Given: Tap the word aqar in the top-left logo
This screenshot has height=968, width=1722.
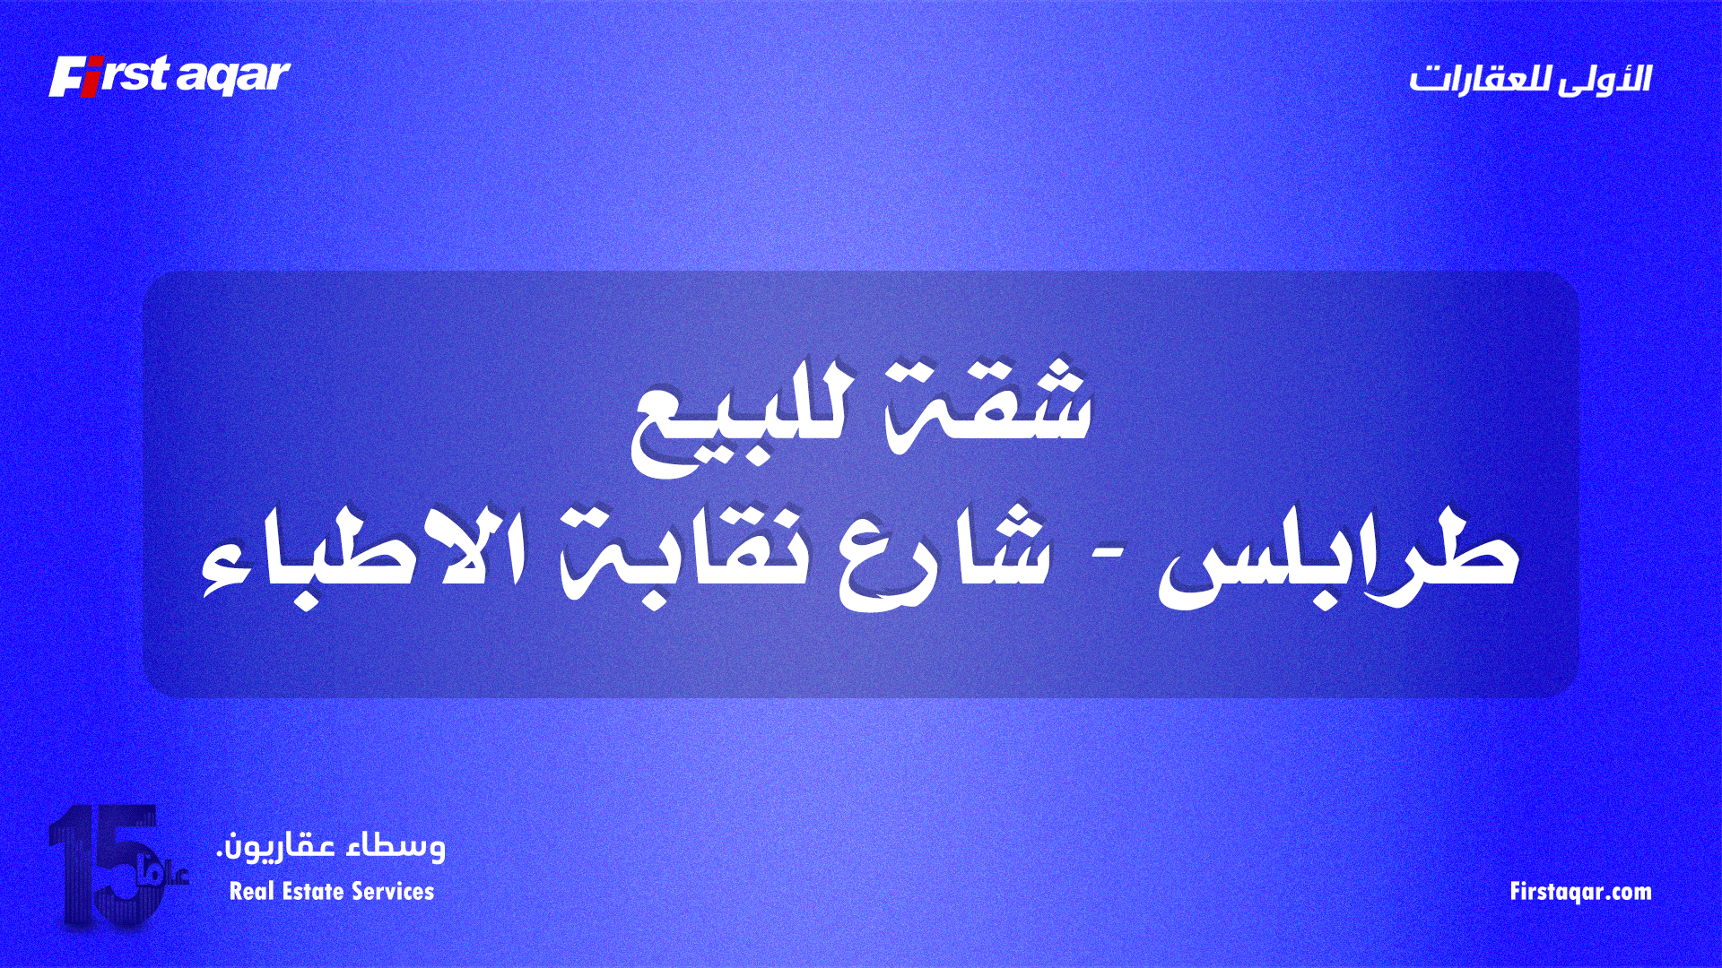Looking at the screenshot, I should [233, 77].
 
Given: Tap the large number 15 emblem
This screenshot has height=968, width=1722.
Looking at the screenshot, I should [103, 865].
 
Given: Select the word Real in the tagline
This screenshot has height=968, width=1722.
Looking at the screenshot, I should [250, 892].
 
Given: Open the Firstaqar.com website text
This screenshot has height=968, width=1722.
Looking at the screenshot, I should [1580, 892].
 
